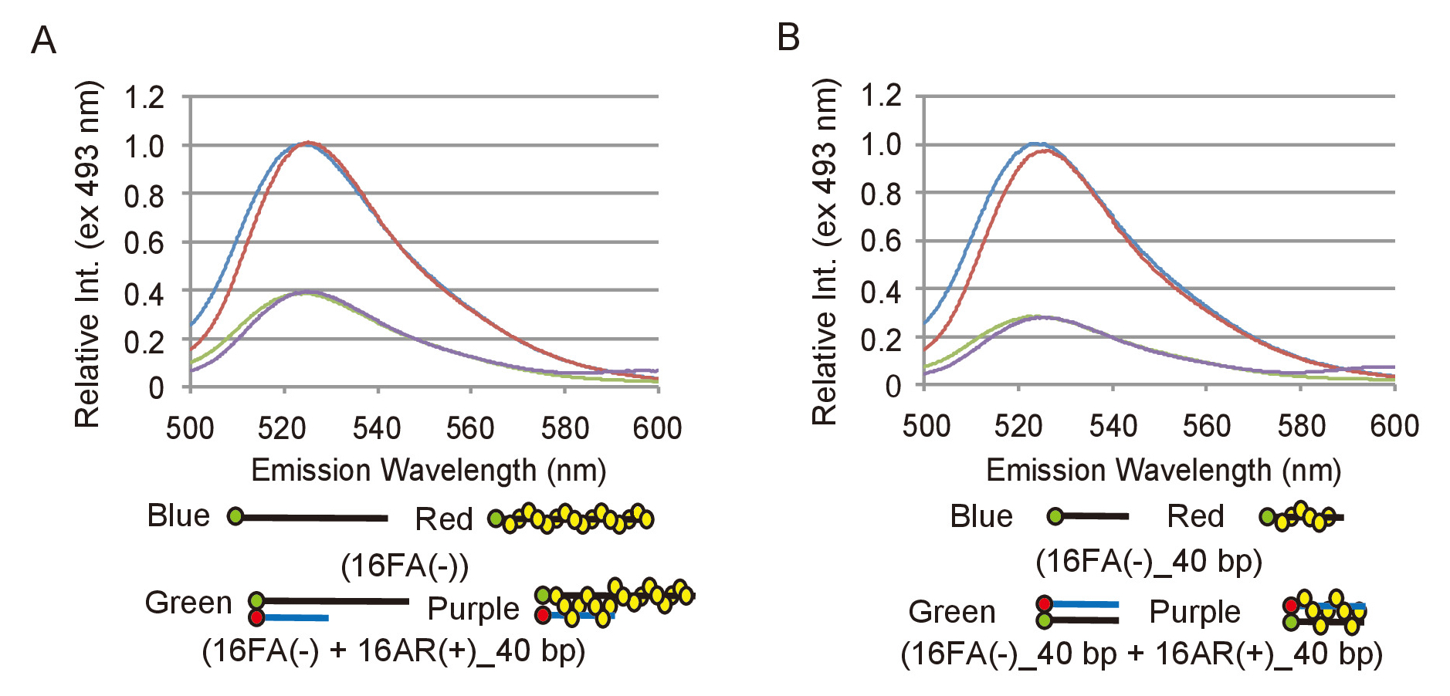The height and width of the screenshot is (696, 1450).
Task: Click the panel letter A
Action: click(x=43, y=41)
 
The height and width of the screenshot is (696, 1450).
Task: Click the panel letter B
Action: click(x=788, y=37)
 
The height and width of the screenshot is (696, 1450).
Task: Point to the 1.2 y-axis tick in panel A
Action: click(x=144, y=98)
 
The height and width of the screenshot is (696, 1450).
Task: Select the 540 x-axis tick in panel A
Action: click(x=377, y=428)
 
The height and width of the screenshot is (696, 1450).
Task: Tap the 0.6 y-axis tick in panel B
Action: click(x=881, y=242)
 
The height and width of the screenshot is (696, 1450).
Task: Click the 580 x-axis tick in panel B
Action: click(x=1301, y=426)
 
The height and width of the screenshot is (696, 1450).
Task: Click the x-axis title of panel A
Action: click(x=429, y=471)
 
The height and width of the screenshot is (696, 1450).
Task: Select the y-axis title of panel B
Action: click(x=825, y=252)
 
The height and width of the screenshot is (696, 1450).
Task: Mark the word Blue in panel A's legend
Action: click(x=178, y=515)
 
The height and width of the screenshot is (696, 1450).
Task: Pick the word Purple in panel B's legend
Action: click(x=1194, y=612)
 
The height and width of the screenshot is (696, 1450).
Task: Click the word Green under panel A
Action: click(x=188, y=603)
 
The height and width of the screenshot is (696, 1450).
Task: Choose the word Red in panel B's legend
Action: click(x=1195, y=516)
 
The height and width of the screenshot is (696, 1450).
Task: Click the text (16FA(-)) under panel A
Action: click(x=405, y=566)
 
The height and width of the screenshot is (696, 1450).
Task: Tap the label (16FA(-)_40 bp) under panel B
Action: click(x=1148, y=562)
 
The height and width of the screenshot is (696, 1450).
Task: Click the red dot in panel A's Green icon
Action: click(x=256, y=617)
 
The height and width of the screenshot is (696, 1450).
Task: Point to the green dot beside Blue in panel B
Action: click(x=1055, y=516)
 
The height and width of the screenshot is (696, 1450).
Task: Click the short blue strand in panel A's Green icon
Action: click(x=297, y=617)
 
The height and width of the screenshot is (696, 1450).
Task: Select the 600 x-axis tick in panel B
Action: click(x=1394, y=426)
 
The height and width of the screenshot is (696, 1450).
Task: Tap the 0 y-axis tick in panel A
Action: click(x=156, y=387)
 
